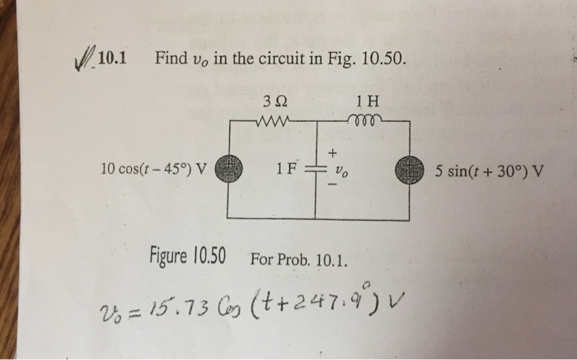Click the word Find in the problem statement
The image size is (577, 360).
pyautogui.click(x=171, y=58)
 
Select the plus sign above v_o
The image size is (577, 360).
pyautogui.click(x=334, y=153)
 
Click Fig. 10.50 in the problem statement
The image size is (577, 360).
pyautogui.click(x=365, y=58)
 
